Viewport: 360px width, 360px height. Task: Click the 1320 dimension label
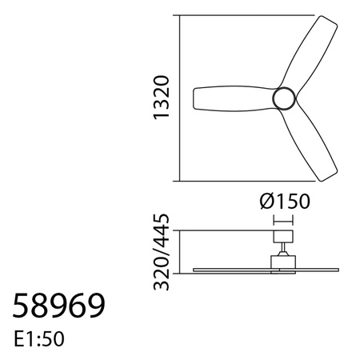[x=162, y=98]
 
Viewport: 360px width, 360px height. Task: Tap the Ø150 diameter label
[x=285, y=201]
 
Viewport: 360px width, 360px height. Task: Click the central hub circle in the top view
[x=285, y=98]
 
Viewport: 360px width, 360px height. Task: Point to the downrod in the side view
[x=283, y=247]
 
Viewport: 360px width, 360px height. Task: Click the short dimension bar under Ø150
[x=283, y=218]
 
